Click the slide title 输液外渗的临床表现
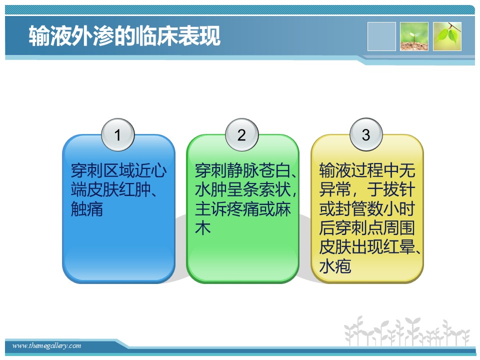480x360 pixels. [124, 36]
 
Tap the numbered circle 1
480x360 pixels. [118, 134]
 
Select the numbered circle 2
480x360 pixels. [242, 134]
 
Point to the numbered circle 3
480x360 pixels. [366, 134]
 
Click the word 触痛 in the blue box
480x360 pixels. [87, 209]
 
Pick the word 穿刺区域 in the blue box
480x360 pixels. [103, 170]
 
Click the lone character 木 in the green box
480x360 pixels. [203, 228]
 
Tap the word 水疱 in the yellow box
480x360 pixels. [335, 266]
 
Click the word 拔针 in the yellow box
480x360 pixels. [399, 190]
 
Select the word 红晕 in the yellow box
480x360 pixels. [399, 246]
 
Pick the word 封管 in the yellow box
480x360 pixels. [351, 209]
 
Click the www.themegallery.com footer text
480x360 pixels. [46, 346]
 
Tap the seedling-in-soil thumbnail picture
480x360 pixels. [414, 36]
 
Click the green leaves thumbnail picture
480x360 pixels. [447, 36]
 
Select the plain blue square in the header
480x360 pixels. [381, 36]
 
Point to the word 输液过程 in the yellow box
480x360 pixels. [351, 170]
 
